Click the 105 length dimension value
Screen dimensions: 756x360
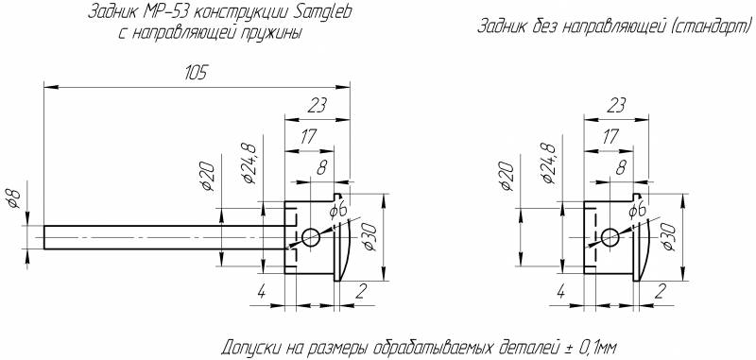pyautogui.click(x=197, y=73)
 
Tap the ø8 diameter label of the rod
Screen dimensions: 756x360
pyautogui.click(x=15, y=198)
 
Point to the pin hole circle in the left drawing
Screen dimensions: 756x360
pyautogui.click(x=311, y=237)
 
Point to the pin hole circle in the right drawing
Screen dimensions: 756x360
pyautogui.click(x=610, y=237)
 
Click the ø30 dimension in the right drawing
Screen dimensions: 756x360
pyautogui.click(x=671, y=237)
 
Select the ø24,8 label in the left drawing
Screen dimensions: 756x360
pyautogui.click(x=249, y=163)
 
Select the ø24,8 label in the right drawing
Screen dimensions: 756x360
pyautogui.click(x=549, y=163)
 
